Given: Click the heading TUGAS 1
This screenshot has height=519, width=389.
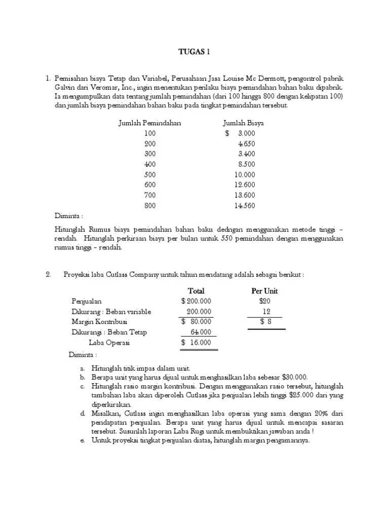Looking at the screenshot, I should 194,52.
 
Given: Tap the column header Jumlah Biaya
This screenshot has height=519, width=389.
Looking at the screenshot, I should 243,123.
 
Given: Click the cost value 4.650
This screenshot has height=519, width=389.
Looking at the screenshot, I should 247,144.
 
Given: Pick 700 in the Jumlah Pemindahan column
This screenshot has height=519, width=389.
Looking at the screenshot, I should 150,195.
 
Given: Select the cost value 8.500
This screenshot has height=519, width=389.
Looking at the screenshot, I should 247,164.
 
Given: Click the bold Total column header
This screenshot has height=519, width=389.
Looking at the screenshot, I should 196,291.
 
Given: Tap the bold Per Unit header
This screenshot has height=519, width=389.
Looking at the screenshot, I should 264,291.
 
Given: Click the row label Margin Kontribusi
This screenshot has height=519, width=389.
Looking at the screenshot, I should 99,322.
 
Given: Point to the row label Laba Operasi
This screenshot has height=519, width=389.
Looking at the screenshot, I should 109,343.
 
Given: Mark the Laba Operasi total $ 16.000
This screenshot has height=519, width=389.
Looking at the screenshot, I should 197,343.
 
